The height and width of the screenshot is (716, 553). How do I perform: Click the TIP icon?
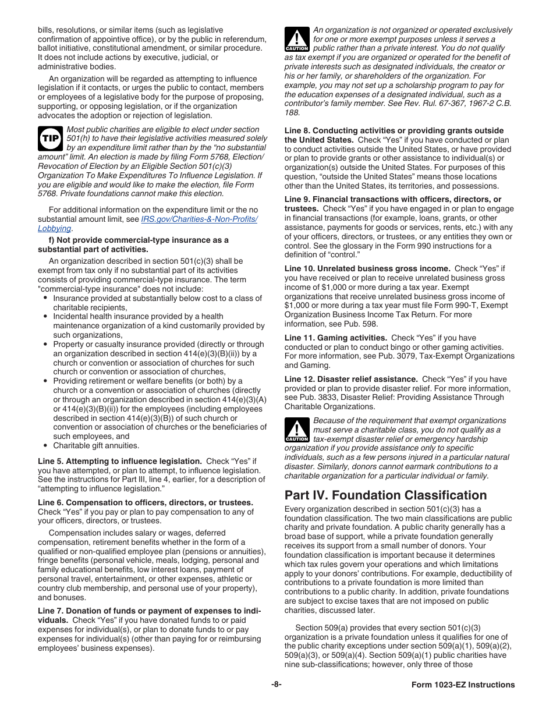(x=51, y=139)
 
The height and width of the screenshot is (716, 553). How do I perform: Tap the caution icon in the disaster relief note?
(x=297, y=430)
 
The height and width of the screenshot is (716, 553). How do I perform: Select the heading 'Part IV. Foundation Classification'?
(x=385, y=495)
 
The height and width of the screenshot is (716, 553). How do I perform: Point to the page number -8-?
(x=276, y=685)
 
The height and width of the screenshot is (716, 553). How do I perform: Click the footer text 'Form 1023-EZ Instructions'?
(x=459, y=685)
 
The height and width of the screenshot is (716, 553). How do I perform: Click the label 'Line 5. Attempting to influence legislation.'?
(x=120, y=461)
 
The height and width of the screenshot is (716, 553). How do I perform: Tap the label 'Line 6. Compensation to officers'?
(x=146, y=502)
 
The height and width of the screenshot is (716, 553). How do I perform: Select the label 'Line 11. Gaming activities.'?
(x=335, y=338)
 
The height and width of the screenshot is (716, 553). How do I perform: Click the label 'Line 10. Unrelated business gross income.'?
(x=367, y=268)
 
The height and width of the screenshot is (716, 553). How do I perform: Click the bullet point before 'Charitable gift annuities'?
(x=45, y=445)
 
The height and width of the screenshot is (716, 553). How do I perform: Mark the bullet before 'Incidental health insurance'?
(x=45, y=316)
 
